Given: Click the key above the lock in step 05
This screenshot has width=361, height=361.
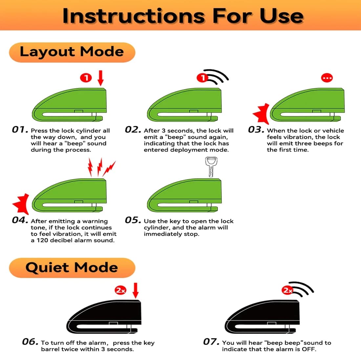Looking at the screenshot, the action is (x=211, y=167).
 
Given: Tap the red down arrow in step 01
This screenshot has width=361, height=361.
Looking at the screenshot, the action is (x=100, y=78).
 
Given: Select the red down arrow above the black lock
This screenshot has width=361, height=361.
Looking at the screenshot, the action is (x=136, y=290).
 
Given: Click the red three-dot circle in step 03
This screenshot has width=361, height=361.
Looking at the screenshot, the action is (x=327, y=78).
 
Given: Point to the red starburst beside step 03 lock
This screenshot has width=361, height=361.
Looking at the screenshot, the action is (x=261, y=114).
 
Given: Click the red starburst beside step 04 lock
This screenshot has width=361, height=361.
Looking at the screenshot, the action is (x=21, y=204).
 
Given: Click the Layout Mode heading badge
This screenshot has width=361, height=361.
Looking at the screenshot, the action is (x=72, y=52).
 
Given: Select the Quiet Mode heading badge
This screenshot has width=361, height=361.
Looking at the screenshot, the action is (x=72, y=267).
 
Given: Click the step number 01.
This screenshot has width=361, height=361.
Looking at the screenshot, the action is (x=20, y=130).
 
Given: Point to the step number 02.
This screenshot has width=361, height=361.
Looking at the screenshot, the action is (x=133, y=130).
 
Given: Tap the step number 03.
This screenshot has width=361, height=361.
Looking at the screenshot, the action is (x=256, y=130).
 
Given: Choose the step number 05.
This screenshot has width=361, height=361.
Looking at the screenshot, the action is (x=133, y=220).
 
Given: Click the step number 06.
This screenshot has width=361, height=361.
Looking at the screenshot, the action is (x=30, y=342).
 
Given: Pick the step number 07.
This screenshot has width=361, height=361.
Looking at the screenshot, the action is (x=211, y=342).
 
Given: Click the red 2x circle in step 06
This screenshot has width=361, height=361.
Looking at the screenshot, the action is (x=120, y=290).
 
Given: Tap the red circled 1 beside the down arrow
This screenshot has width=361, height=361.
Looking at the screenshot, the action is (x=86, y=78).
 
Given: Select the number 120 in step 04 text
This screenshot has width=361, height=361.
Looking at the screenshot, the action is (x=42, y=240).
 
